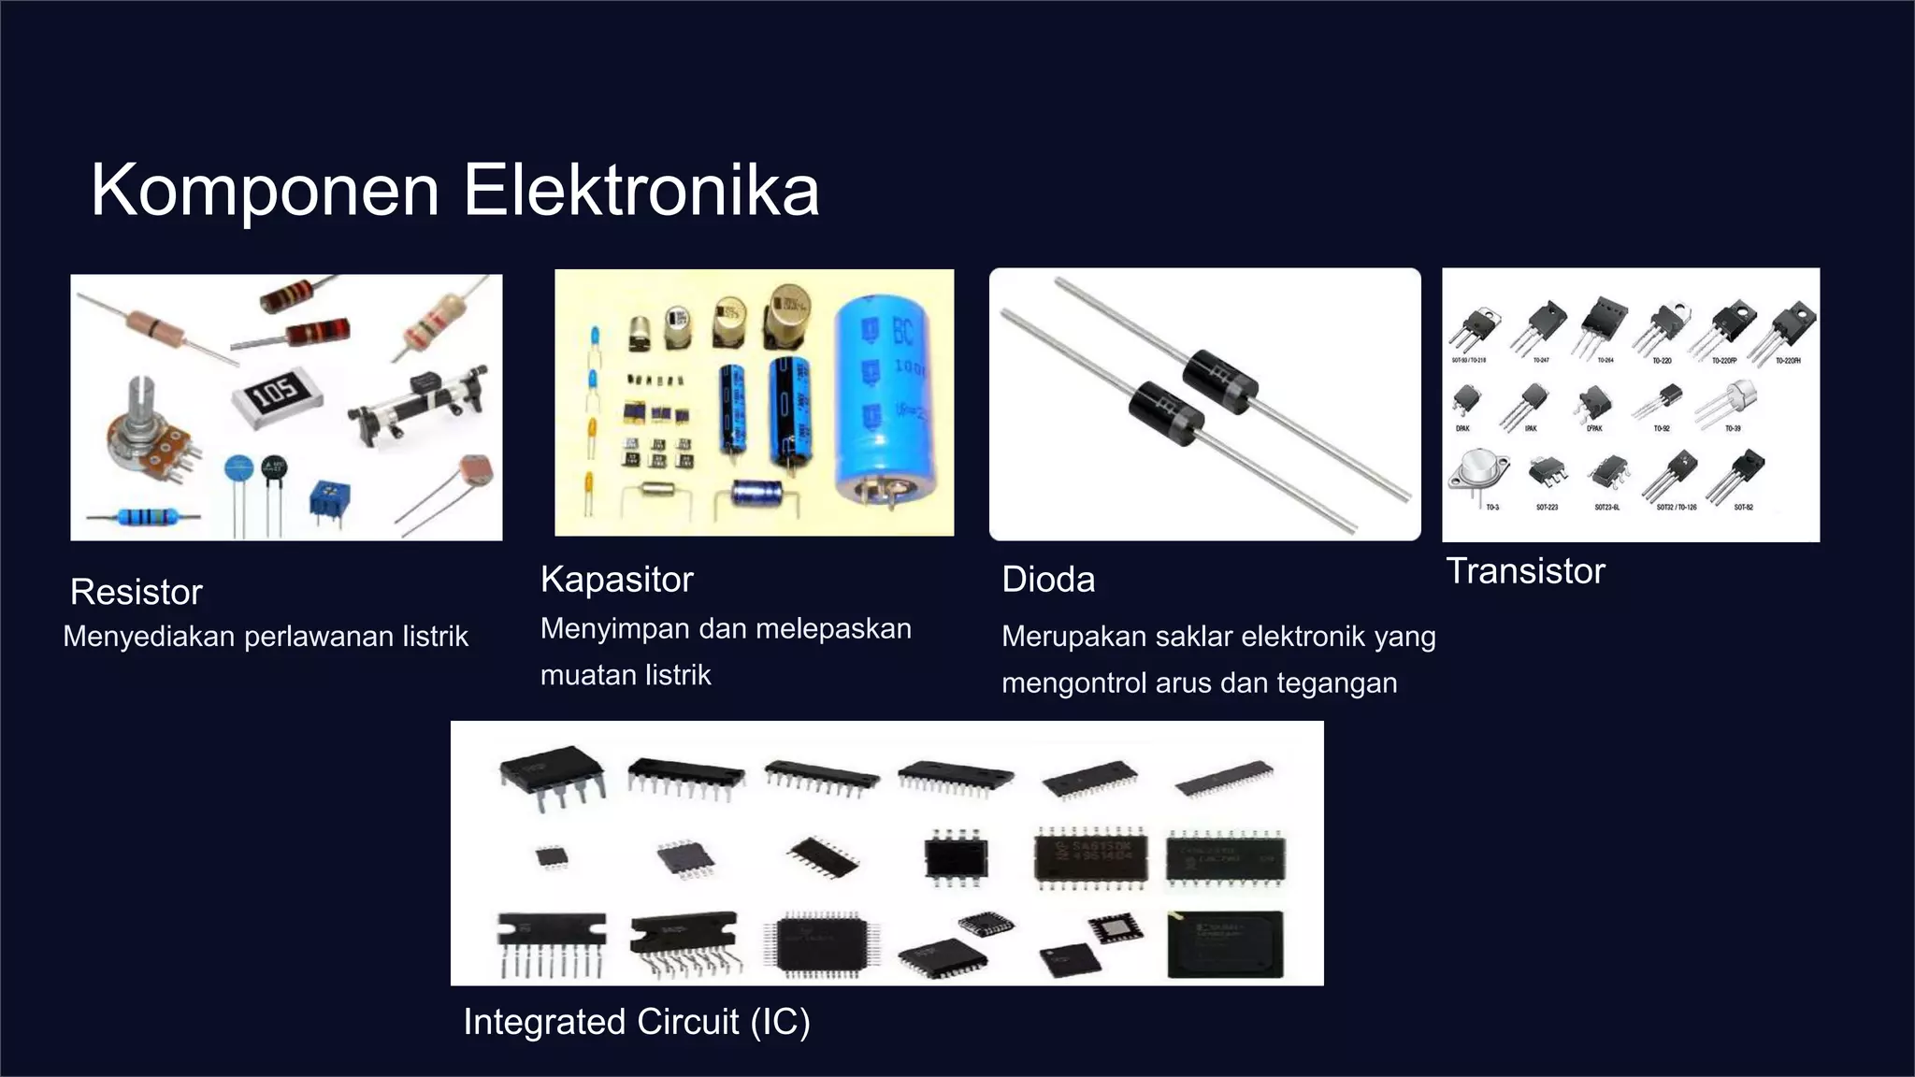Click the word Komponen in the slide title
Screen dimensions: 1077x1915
[265, 191]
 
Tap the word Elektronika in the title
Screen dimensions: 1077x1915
[641, 191]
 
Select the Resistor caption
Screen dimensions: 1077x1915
[137, 592]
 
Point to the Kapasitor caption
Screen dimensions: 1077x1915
[617, 580]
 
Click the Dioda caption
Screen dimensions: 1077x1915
[1048, 580]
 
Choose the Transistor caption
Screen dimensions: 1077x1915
[1526, 571]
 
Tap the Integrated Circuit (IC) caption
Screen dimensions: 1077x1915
[637, 1022]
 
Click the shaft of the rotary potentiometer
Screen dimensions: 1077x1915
[139, 396]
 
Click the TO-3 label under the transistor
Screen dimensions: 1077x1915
[1492, 508]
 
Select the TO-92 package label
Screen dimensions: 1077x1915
[1662, 428]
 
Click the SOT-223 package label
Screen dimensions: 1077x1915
[1548, 508]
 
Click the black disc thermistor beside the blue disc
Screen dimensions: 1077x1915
[274, 468]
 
